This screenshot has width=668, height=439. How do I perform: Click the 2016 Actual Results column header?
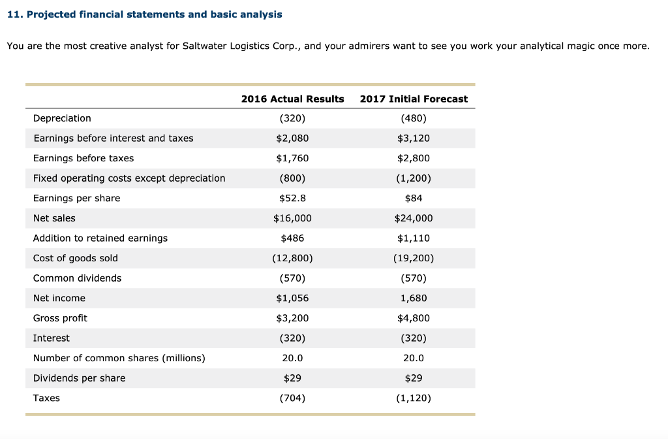[292, 99]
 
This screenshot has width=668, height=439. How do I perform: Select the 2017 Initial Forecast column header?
[414, 99]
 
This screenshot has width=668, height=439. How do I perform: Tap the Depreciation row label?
[62, 118]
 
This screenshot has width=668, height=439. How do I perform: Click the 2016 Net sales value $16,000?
[292, 218]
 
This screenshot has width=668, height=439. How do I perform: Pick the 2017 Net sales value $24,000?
[414, 218]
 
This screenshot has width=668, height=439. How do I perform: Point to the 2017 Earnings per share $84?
[414, 198]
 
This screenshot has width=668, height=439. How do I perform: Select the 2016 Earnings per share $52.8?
[292, 198]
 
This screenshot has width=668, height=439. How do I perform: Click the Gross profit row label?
[60, 318]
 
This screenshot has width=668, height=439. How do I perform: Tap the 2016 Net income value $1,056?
[292, 298]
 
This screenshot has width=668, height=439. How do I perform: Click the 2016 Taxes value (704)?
[292, 398]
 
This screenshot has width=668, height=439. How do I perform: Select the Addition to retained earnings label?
[100, 238]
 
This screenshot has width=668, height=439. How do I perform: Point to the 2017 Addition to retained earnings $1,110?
[414, 238]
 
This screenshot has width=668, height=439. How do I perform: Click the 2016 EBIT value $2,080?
[292, 138]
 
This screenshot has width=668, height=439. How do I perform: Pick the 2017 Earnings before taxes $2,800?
[414, 158]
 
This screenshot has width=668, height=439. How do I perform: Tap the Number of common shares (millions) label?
[119, 358]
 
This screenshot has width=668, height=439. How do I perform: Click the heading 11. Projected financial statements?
[145, 14]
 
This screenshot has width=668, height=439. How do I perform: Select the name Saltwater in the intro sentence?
[203, 46]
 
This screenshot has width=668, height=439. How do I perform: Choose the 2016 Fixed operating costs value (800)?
[292, 178]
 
